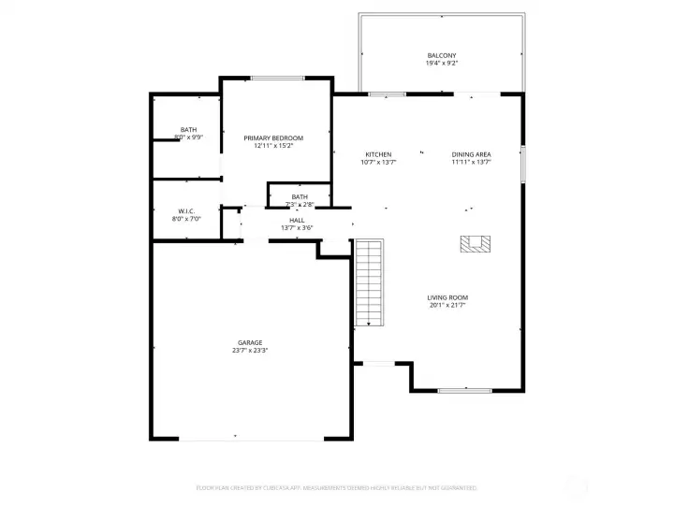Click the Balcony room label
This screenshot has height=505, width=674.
[442, 56]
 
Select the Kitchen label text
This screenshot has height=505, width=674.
[378, 154]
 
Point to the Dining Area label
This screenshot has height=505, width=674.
[471, 154]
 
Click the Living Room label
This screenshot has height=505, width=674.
[447, 297]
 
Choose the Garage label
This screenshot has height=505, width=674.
[249, 342]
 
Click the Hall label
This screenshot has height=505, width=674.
[296, 220]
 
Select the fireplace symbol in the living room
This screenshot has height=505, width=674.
[476, 244]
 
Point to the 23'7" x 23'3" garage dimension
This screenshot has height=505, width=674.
[249, 351]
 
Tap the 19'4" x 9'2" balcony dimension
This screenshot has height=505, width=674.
[442, 64]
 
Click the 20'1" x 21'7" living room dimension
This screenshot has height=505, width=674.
[447, 305]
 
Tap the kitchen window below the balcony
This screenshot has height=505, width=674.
[387, 94]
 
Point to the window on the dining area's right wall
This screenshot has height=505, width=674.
[523, 164]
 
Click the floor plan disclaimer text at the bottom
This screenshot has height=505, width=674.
[337, 487]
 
